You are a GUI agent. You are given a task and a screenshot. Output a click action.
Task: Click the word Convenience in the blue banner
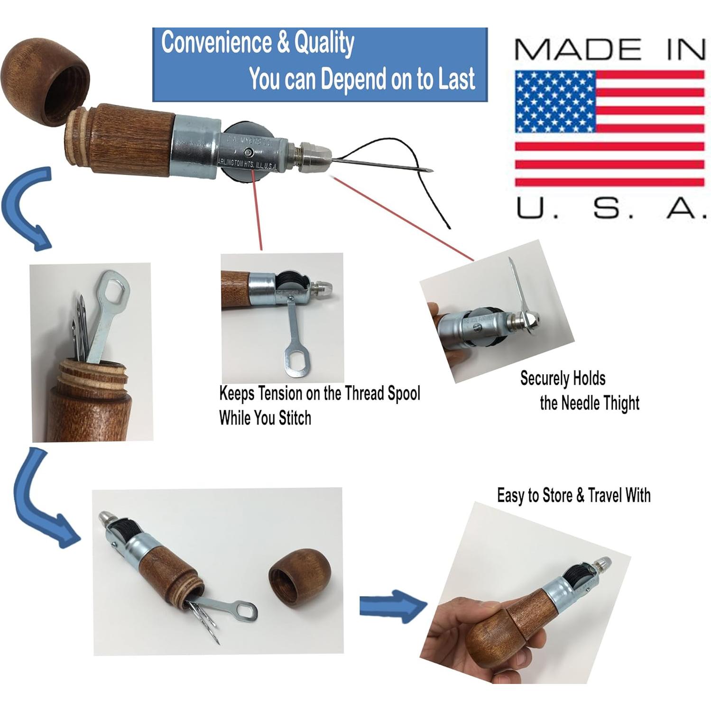(216, 43)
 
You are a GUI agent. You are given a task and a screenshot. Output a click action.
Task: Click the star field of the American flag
(555, 102)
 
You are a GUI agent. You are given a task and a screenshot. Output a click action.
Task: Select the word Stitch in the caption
(295, 418)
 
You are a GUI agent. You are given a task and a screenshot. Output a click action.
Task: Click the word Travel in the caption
(605, 496)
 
